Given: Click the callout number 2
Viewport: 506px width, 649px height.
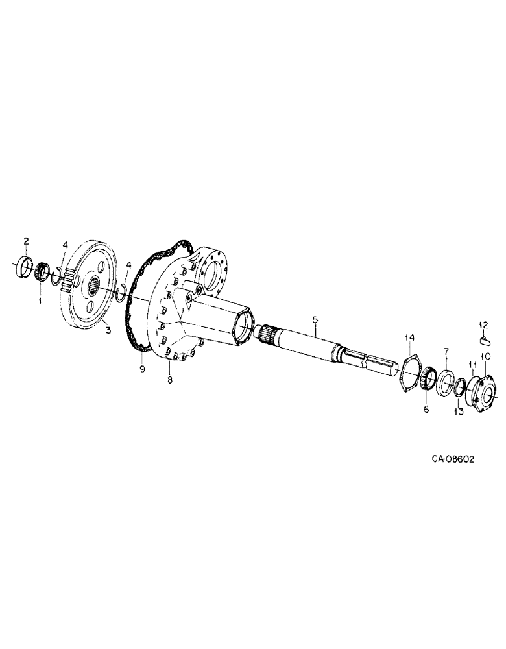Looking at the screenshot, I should (27, 242).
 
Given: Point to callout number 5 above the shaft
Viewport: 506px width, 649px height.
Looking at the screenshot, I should (315, 320).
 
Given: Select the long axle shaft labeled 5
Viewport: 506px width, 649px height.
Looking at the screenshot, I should (318, 347).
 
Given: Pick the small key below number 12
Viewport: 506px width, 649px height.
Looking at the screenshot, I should (485, 337).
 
